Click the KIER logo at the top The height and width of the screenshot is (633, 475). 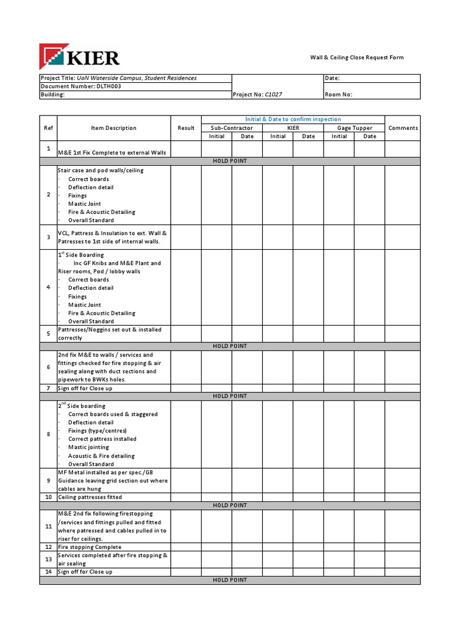click(x=79, y=57)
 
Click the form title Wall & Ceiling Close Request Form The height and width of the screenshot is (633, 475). click(x=356, y=57)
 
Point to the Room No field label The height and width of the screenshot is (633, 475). click(x=338, y=95)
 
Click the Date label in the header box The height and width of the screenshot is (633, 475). click(x=332, y=79)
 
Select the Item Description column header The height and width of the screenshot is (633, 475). click(x=113, y=128)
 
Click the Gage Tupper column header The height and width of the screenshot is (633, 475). click(x=354, y=128)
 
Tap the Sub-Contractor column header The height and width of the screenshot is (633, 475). click(x=232, y=128)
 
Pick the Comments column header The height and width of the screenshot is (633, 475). click(x=403, y=128)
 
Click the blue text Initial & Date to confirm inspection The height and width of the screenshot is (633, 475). click(x=293, y=119)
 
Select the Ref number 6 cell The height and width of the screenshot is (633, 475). click(x=48, y=367)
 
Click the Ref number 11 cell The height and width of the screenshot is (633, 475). click(x=48, y=526)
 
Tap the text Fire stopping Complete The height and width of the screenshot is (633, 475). click(x=89, y=547)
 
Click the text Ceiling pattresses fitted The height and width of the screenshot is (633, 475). click(x=90, y=497)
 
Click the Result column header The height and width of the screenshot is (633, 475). click(x=186, y=128)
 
